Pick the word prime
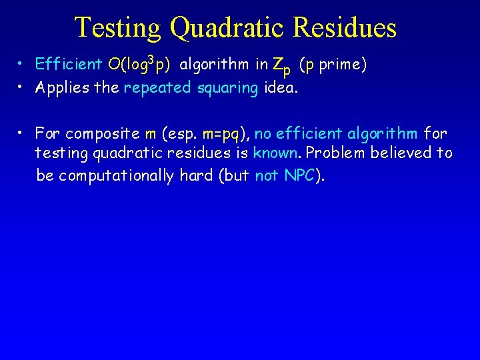pos(343,65)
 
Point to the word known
pos(275,153)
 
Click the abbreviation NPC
pos(299,175)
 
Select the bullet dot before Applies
pos(23,86)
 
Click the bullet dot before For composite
pos(23,133)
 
